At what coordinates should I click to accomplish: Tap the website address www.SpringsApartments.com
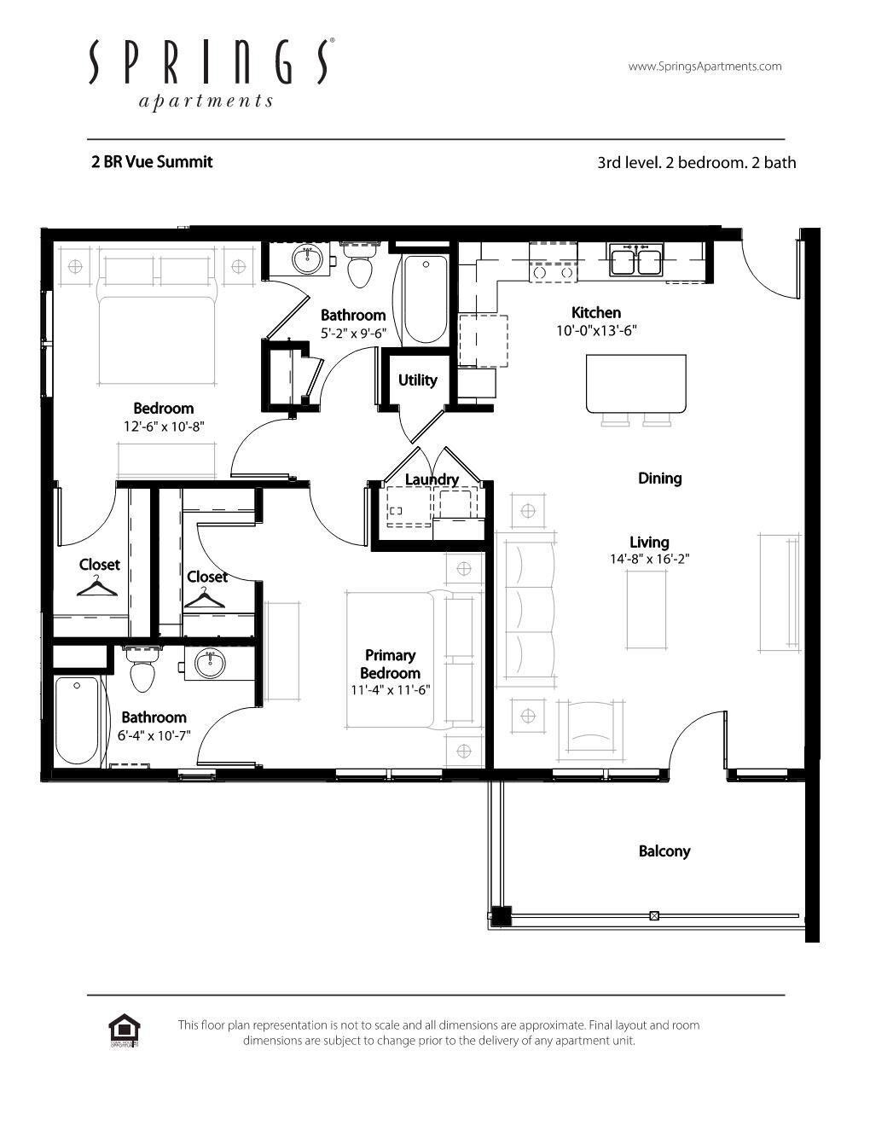click(x=705, y=67)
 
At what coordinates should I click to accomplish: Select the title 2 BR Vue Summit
click(x=152, y=162)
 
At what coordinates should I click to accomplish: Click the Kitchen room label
click(x=595, y=313)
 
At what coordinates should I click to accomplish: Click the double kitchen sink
click(x=635, y=260)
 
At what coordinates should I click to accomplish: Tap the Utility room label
click(x=417, y=380)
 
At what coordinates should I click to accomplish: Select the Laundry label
click(x=432, y=479)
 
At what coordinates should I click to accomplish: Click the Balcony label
click(x=664, y=851)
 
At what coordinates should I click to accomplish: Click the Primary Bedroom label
click(x=391, y=664)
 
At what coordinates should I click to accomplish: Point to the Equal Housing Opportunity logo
click(x=125, y=1030)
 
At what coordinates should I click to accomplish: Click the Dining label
click(x=659, y=479)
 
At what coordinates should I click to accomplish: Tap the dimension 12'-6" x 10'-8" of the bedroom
click(x=164, y=426)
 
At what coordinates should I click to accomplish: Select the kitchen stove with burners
click(x=553, y=262)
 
